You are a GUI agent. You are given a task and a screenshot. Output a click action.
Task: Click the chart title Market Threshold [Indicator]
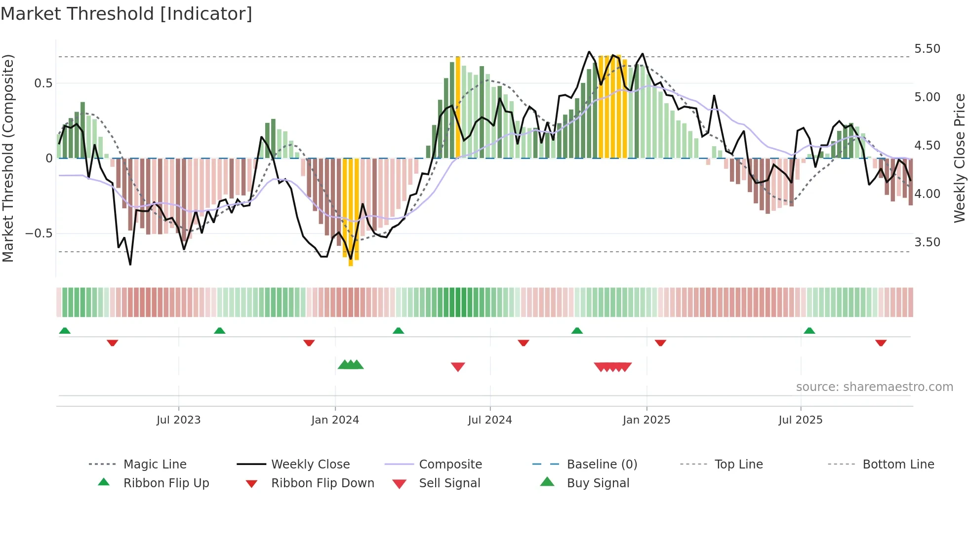pos(126,14)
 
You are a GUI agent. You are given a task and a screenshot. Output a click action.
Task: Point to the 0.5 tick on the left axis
pos(43,83)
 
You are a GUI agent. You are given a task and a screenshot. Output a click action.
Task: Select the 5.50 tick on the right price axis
pos(927,49)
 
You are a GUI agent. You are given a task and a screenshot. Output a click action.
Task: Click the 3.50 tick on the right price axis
pos(927,242)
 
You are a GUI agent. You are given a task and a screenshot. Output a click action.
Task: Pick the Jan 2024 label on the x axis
pos(335,420)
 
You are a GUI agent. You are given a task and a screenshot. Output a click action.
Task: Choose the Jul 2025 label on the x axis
pos(800,420)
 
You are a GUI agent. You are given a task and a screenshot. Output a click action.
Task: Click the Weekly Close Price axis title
pos(959,158)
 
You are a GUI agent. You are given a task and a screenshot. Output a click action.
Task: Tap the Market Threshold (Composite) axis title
pos(8,158)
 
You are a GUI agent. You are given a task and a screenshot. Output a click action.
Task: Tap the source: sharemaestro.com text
pos(874,387)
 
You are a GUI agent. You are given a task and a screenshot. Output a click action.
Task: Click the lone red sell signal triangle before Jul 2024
pos(458,367)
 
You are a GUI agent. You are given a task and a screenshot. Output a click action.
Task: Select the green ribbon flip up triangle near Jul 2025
pos(809,331)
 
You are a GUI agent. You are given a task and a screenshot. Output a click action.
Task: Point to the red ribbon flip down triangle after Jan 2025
pos(660,343)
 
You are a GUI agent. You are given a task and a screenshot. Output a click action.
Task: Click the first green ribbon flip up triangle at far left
pos(65,331)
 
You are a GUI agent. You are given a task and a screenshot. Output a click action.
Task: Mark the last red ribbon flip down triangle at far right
pos(881,343)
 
